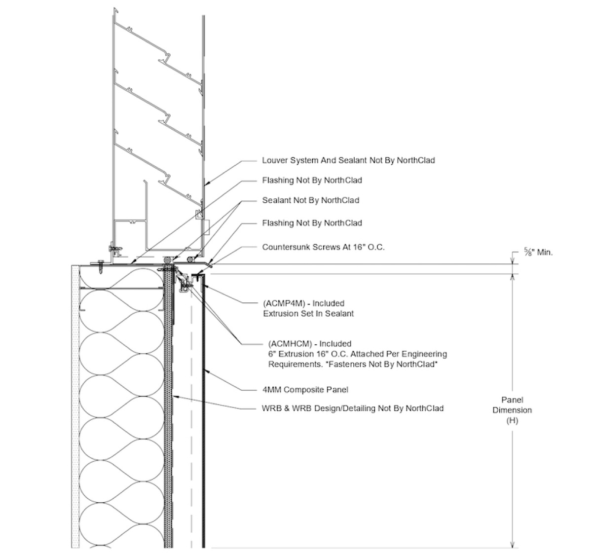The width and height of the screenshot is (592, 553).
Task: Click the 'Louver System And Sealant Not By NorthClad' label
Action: (x=348, y=160)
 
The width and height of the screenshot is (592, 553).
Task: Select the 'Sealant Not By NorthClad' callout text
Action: (x=310, y=200)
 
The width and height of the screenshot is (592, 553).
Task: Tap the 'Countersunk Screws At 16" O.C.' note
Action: (x=323, y=247)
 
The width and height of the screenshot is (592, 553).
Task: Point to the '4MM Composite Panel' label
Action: (x=305, y=390)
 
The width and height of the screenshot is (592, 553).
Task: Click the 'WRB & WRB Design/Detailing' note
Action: (x=352, y=408)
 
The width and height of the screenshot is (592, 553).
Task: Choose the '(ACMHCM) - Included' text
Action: (x=310, y=343)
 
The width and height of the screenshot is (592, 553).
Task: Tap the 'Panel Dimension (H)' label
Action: (x=512, y=410)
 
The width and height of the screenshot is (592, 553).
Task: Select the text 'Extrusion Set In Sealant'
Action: (x=308, y=313)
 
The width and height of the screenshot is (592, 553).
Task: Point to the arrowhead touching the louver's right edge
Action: (x=207, y=184)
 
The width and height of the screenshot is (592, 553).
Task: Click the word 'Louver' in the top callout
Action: (x=275, y=160)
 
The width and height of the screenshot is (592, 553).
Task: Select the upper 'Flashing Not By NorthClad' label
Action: (x=312, y=180)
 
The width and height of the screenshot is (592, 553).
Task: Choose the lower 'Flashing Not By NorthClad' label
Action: (x=312, y=223)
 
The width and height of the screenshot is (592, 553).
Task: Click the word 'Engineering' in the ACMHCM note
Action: (x=426, y=354)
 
